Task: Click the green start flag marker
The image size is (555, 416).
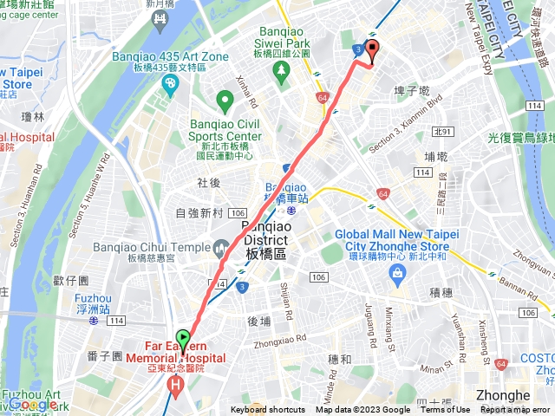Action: tap(183, 338)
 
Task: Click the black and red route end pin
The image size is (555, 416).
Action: tap(373, 50)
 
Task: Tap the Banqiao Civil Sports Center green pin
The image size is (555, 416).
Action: tap(225, 102)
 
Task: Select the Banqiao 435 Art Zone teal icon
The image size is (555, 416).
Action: tap(171, 83)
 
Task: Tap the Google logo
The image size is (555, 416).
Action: tap(33, 404)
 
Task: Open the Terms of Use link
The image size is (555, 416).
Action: tap(445, 410)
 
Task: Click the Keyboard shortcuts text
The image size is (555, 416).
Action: tap(268, 410)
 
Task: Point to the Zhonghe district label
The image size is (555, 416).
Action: tap(503, 395)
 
